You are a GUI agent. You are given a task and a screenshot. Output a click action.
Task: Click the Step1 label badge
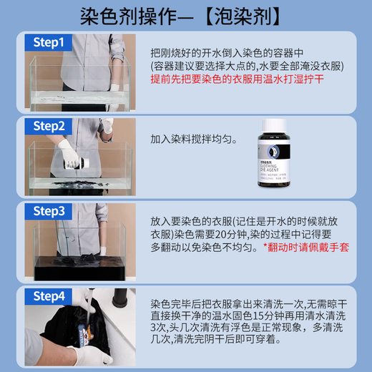(x=48, y=43)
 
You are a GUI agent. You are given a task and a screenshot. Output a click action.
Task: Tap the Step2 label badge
(x=49, y=127)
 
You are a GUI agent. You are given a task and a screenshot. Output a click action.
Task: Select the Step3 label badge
(x=49, y=211)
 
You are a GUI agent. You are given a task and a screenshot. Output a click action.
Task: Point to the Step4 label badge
(x=49, y=295)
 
